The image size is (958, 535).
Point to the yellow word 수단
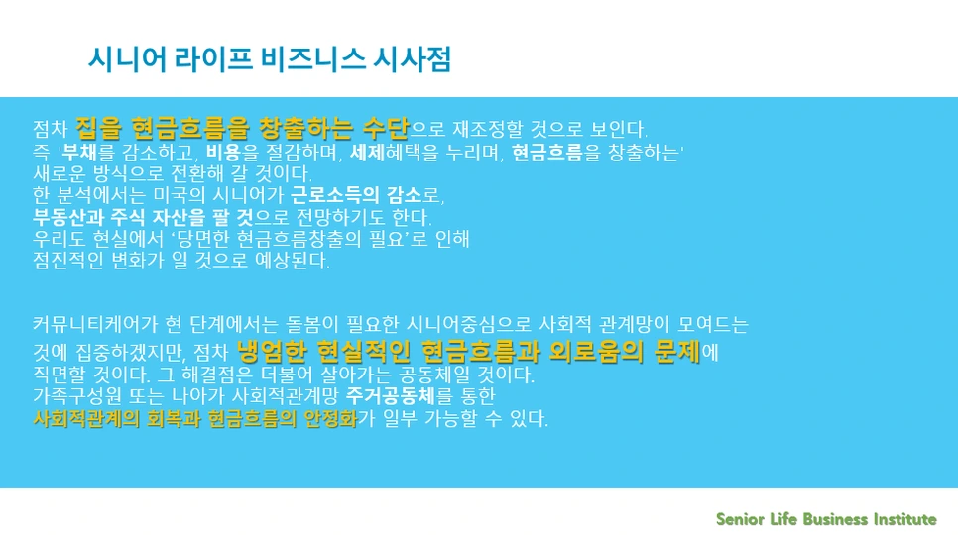point(385,129)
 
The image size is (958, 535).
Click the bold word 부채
point(81,153)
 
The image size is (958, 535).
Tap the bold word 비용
point(224,153)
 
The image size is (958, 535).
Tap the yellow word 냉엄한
point(273,351)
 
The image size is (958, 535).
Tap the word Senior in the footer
point(740,519)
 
